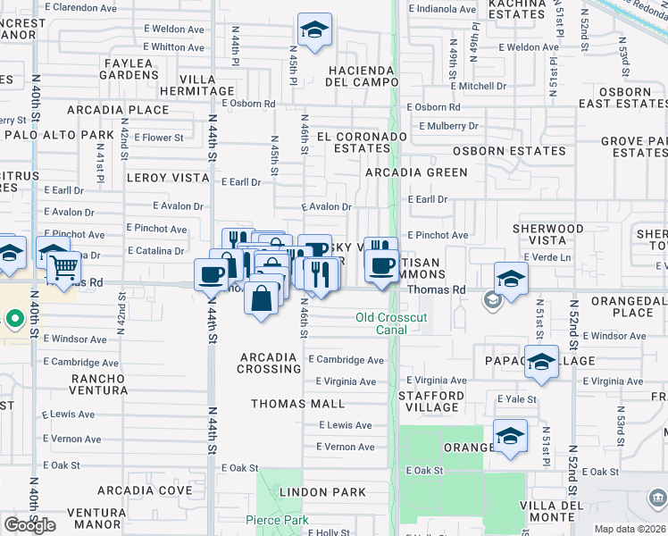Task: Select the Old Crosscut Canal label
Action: tap(393, 323)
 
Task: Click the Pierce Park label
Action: tap(277, 520)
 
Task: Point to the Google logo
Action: tap(29, 525)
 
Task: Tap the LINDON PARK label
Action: tap(322, 492)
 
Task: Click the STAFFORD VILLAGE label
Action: tap(431, 401)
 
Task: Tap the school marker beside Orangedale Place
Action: tap(511, 280)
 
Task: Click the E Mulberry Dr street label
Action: tap(447, 127)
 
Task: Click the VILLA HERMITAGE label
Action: tap(197, 85)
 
